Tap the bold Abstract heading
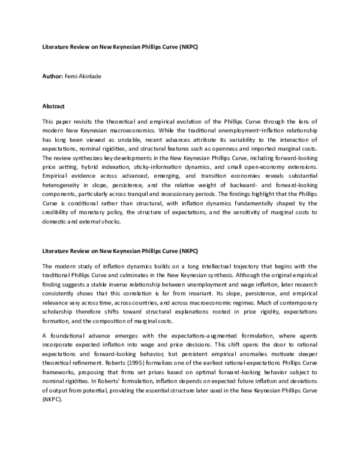(53, 106)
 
